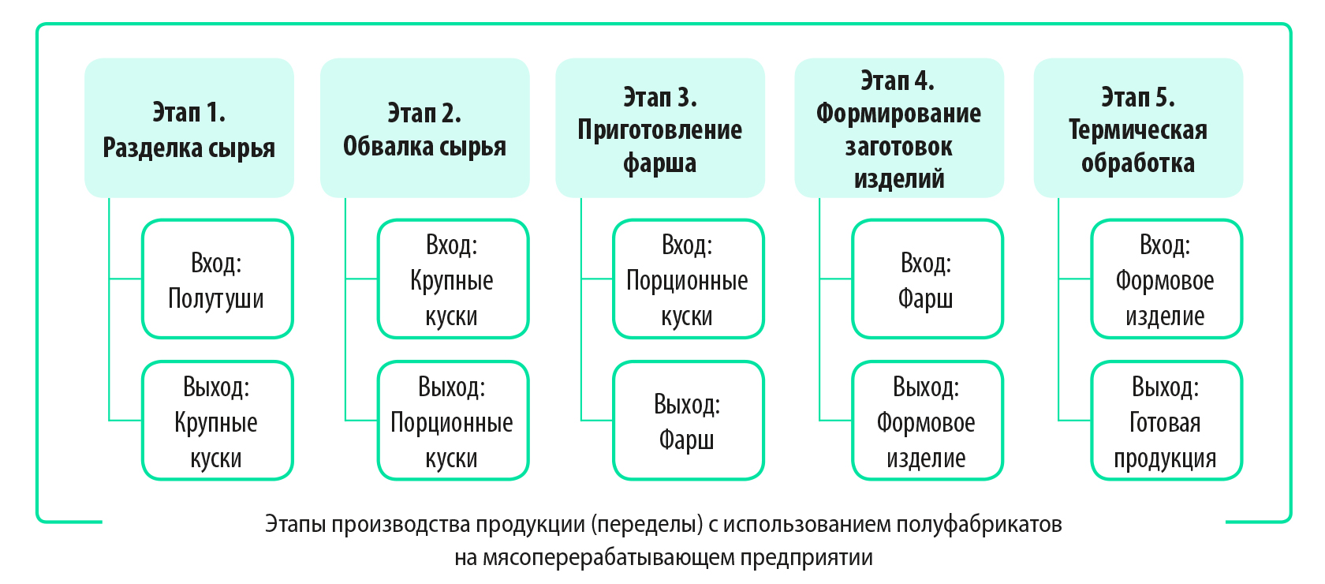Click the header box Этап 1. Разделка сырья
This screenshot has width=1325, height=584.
coord(189,128)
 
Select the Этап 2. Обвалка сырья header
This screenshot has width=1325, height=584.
coord(424,128)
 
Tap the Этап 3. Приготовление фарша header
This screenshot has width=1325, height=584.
coord(660,128)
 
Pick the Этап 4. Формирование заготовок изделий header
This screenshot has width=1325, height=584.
coord(899,128)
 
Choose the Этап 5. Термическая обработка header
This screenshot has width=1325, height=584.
coord(1138,128)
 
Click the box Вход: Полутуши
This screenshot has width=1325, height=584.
coord(218,279)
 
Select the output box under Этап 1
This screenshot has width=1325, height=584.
coord(218,421)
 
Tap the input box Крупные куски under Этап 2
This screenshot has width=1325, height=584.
coord(453,279)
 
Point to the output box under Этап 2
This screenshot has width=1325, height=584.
coord(453,421)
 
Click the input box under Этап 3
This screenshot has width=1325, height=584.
coord(689,279)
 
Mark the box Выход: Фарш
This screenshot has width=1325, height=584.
coord(689,421)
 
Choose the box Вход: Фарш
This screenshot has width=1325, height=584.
coord(927,279)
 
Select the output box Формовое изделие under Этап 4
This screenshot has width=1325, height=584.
coord(927,421)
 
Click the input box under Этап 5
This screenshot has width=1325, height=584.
coord(1166,279)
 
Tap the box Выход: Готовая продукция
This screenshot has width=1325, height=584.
coord(1166,421)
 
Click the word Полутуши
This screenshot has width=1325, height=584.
coord(216,299)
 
